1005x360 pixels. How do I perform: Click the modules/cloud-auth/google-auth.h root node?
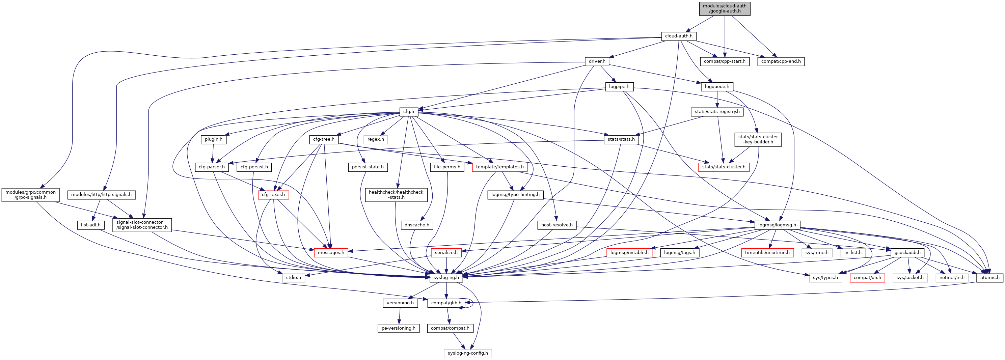725,8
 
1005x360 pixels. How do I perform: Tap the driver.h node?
597,61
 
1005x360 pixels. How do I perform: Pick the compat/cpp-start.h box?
725,61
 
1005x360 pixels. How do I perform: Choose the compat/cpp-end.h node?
781,61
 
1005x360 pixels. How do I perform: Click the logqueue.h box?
717,87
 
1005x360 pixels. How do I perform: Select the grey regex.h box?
375,139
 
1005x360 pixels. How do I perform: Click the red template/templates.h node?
500,167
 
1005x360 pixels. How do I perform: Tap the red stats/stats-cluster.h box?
723,167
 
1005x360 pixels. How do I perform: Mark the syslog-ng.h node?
446,278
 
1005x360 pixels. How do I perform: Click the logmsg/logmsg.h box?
777,225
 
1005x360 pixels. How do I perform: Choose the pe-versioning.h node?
398,328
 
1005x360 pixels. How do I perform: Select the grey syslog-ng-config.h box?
467,353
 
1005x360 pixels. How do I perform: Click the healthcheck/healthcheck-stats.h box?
396,195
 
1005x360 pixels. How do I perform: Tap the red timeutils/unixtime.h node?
767,252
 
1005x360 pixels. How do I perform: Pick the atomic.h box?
989,278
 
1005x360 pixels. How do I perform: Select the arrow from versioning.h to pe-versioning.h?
399,315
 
